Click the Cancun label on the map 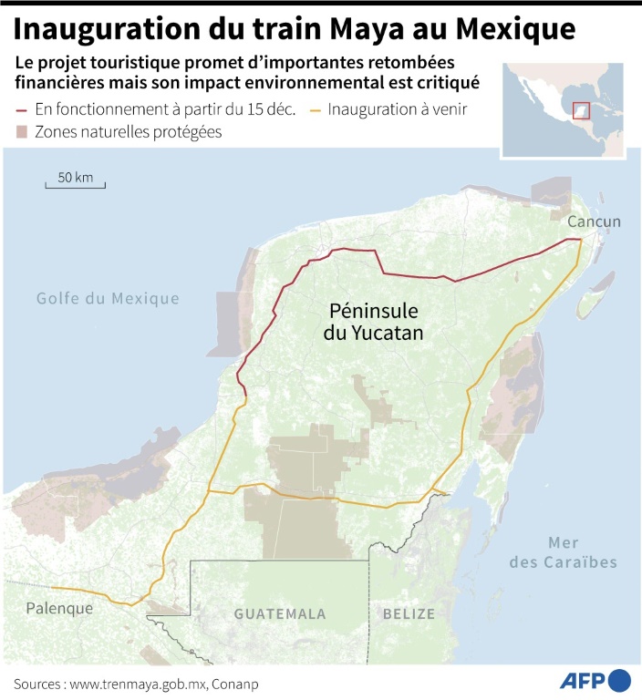[594, 221]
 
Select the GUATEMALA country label [280, 613]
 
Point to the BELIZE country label [408, 613]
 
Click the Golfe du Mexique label [108, 298]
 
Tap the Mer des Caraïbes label [563, 551]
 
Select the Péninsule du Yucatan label [374, 322]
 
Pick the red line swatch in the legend [23, 110]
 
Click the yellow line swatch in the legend [316, 110]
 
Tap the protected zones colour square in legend [23, 132]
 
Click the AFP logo [594, 681]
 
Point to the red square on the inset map [581, 111]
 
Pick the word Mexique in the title [517, 29]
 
